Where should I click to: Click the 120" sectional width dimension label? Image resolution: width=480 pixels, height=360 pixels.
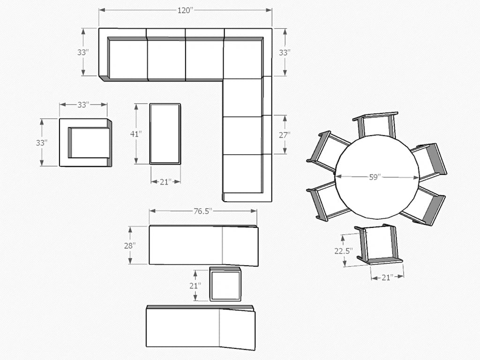point(186,10)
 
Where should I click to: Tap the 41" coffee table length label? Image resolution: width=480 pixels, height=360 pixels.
point(136,134)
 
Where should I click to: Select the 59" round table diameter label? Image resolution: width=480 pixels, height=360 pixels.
point(375,177)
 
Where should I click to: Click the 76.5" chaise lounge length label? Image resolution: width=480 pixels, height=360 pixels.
point(203,211)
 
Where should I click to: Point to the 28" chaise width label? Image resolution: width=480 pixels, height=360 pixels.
point(130,246)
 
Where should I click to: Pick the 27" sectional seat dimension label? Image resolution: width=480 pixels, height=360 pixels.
point(285,135)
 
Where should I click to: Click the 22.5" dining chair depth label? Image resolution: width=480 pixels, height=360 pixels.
point(344,251)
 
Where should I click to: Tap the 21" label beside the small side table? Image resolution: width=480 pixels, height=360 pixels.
point(195,286)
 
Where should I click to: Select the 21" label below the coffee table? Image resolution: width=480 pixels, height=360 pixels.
point(165,182)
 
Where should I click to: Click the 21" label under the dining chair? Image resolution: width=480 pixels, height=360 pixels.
point(387,277)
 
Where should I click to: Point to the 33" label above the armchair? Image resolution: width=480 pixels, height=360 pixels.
point(83,105)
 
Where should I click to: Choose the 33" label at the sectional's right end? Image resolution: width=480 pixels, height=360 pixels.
point(285,52)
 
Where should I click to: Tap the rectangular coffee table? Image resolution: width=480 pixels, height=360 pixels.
point(165,134)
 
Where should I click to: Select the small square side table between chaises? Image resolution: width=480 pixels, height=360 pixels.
point(225,284)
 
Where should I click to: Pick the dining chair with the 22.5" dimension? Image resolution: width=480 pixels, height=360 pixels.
point(379,244)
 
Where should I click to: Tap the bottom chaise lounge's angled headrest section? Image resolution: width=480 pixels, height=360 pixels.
point(237,329)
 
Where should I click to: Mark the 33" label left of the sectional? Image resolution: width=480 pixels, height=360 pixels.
point(83,52)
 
